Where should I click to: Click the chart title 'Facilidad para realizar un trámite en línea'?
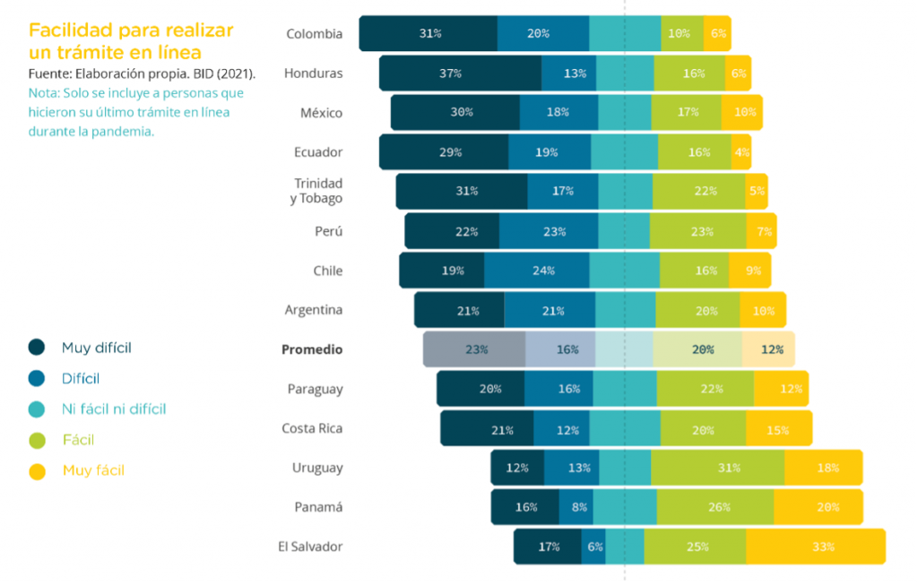click(131, 41)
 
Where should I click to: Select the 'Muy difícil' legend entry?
click(96, 348)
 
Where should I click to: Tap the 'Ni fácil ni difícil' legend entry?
click(113, 409)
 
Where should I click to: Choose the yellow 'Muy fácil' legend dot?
click(37, 470)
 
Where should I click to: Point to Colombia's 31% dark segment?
click(429, 33)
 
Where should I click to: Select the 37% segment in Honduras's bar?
click(460, 73)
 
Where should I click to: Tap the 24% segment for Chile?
click(537, 271)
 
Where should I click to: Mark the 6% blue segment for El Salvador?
click(593, 546)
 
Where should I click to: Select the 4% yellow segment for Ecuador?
click(741, 152)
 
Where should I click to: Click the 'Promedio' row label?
click(312, 349)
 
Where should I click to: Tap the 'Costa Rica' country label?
click(312, 428)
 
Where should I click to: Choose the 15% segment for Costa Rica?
click(778, 428)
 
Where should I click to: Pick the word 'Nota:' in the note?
click(44, 92)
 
